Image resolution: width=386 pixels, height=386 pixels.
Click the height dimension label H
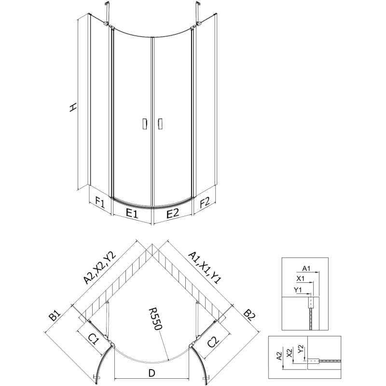pyautogui.click(x=73, y=108)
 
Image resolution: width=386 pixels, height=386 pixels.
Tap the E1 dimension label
pyautogui.click(x=132, y=213)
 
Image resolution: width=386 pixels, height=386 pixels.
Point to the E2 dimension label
pyautogui.click(x=172, y=213)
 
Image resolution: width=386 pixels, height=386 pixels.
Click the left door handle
pyautogui.click(x=145, y=124)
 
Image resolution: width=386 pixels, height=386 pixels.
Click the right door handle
pyautogui.click(x=160, y=124)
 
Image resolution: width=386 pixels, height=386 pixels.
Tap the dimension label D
pyautogui.click(x=152, y=373)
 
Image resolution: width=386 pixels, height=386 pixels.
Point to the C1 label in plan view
pyautogui.click(x=94, y=341)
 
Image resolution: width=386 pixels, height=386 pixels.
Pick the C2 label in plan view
pyautogui.click(x=213, y=342)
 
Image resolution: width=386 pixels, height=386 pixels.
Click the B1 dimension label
pyautogui.click(x=55, y=316)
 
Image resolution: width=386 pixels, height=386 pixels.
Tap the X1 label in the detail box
pyautogui.click(x=300, y=279)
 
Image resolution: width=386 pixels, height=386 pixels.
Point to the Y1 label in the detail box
pyautogui.click(x=298, y=290)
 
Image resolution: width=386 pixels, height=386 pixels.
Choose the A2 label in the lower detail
pyautogui.click(x=279, y=356)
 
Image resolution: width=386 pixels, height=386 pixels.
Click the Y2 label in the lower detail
pyautogui.click(x=301, y=349)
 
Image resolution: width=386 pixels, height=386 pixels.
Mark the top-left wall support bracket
pyautogui.click(x=107, y=14)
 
